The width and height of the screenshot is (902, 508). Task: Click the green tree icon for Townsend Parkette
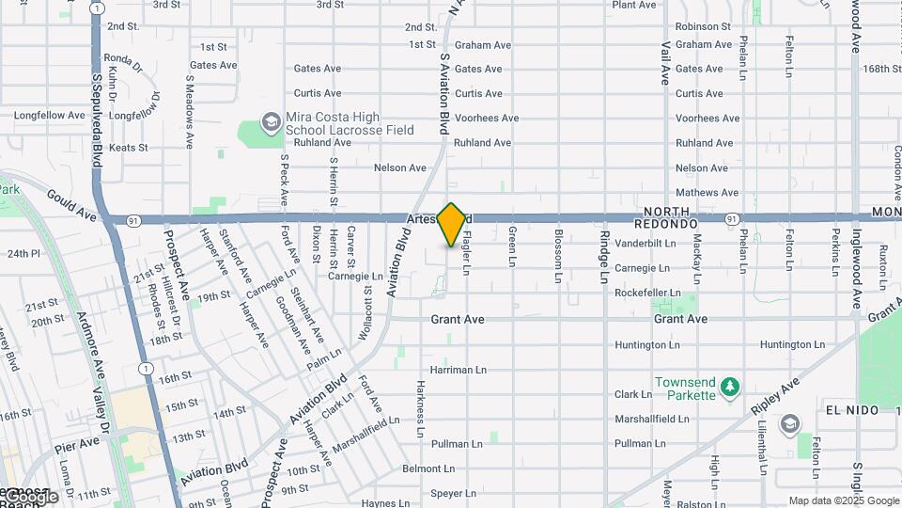click(730, 386)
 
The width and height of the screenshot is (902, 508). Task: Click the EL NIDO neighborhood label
click(852, 411)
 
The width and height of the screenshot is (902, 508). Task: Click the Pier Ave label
click(76, 442)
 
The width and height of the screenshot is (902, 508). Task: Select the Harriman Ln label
click(459, 371)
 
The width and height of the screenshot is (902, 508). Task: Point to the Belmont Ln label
click(428, 468)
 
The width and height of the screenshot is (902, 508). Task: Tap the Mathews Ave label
click(707, 193)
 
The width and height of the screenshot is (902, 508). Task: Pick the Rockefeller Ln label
click(646, 294)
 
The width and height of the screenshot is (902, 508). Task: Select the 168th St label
click(882, 69)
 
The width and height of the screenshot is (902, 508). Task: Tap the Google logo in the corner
click(30, 496)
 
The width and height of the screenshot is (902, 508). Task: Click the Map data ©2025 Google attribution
click(844, 500)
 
